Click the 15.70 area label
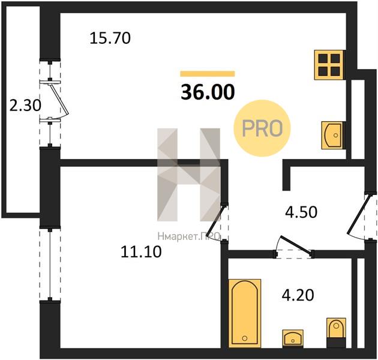tap(110, 38)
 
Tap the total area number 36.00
tap(208, 92)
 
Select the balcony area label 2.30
tap(25, 106)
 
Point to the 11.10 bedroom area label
tap(141, 252)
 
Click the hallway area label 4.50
tap(301, 212)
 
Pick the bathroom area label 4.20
tap(298, 295)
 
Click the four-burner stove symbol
tap(329, 65)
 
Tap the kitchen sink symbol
tap(332, 135)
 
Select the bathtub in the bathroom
tap(245, 313)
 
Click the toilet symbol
tap(336, 333)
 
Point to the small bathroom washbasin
tap(293, 338)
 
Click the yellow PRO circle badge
tap(262, 128)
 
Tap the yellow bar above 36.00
tap(208, 74)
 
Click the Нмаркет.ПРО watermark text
tap(189, 236)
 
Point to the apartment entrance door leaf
tap(358, 214)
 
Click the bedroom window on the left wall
tap(50, 264)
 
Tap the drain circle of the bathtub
tap(245, 338)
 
